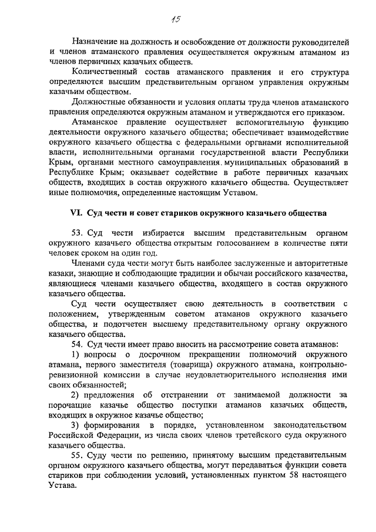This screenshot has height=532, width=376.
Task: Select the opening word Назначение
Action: point(98,42)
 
